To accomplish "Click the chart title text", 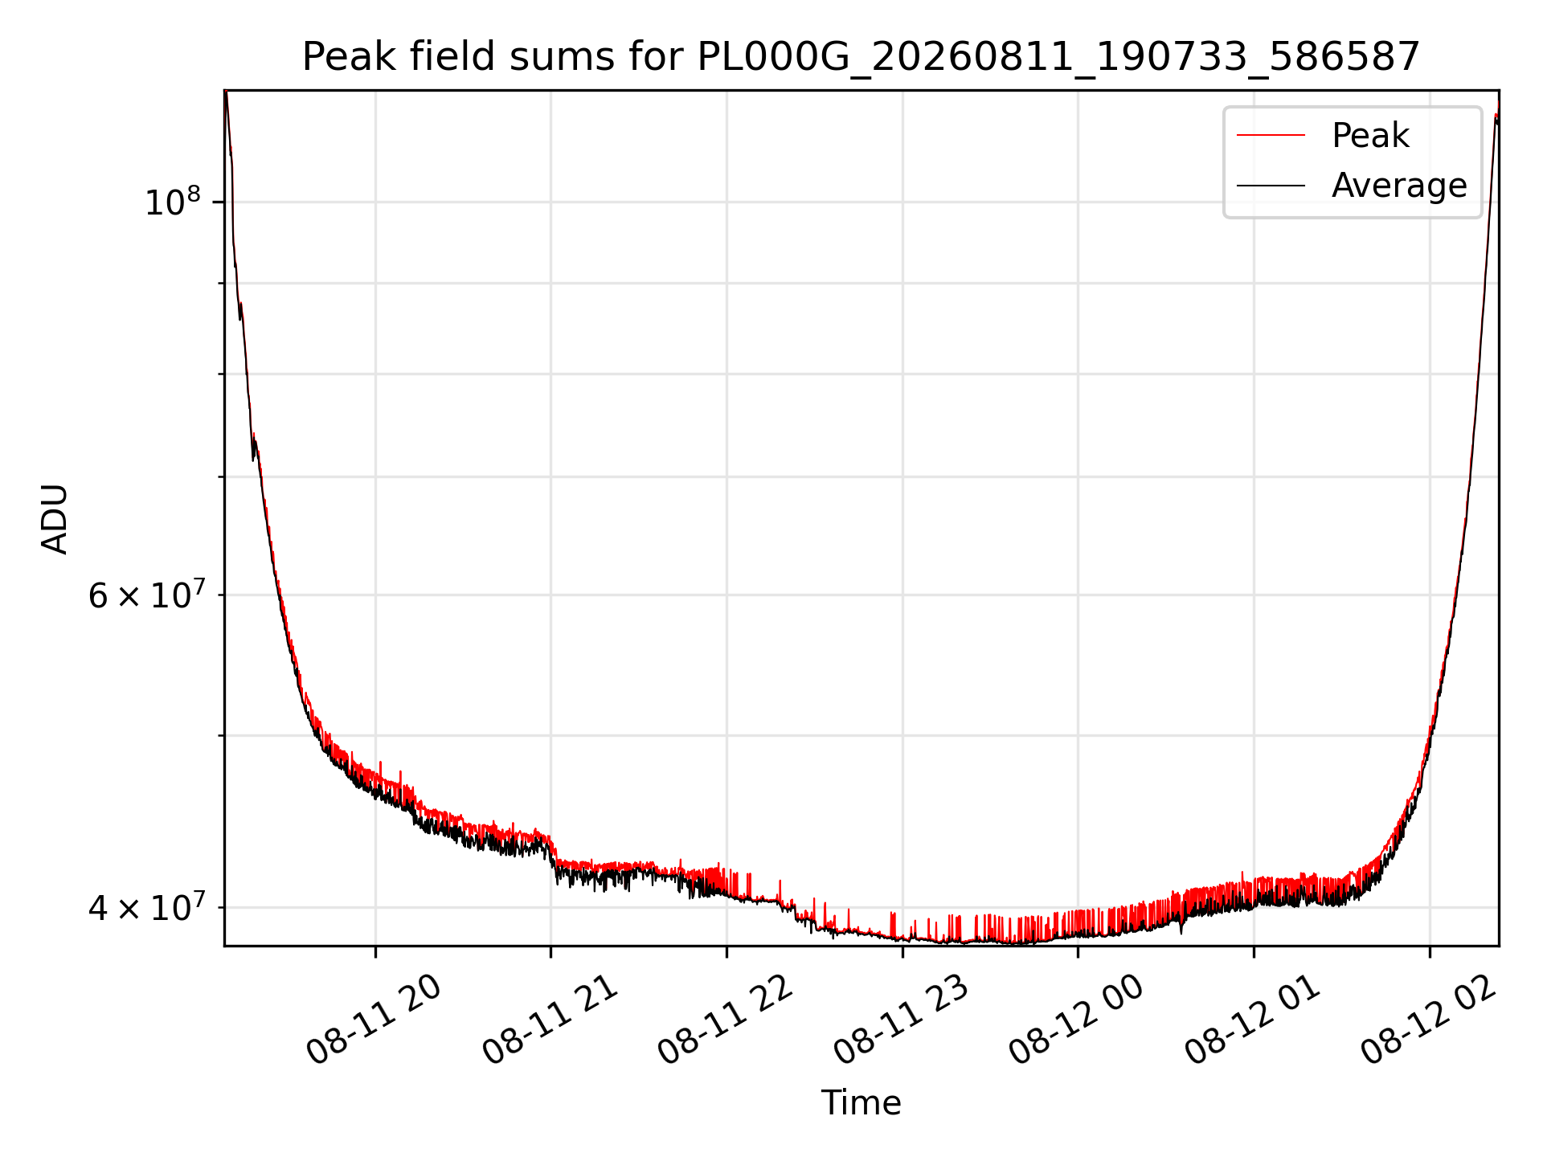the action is coord(861,57).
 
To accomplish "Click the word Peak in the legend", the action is coord(1370,135).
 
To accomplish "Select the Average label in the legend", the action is coord(1399,186).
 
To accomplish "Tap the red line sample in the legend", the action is coord(1271,135).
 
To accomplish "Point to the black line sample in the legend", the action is coord(1271,186).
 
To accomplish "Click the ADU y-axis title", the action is coord(55,519).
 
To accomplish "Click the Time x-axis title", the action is coord(861,1102).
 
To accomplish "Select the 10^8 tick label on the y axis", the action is coord(172,202).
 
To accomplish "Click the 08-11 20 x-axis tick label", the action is coord(374,1020).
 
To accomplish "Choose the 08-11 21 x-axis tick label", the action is coord(550,1020).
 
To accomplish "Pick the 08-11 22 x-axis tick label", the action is coord(726,1020).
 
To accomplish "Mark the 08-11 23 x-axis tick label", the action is coord(902,1020).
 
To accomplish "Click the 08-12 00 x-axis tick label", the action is coord(1078,1020).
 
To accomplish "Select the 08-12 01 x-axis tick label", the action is coord(1254,1020).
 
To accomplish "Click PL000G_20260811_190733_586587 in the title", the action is coord(1058,58).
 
